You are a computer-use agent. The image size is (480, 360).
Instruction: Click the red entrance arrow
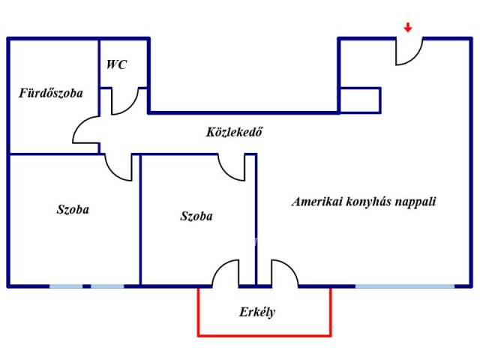point(407,28)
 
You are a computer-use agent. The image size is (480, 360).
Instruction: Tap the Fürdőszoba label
point(51,94)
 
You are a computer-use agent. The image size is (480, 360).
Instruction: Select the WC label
point(116,64)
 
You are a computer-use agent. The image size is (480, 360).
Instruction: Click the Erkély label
point(257,311)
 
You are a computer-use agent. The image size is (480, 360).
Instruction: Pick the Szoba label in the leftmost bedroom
point(73,209)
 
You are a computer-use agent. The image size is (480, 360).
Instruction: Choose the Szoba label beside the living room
point(196,216)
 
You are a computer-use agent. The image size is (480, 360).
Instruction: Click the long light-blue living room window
point(404,286)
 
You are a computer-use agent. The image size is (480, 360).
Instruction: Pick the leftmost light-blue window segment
point(66,286)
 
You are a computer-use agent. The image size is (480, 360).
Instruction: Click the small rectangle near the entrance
point(360,100)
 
